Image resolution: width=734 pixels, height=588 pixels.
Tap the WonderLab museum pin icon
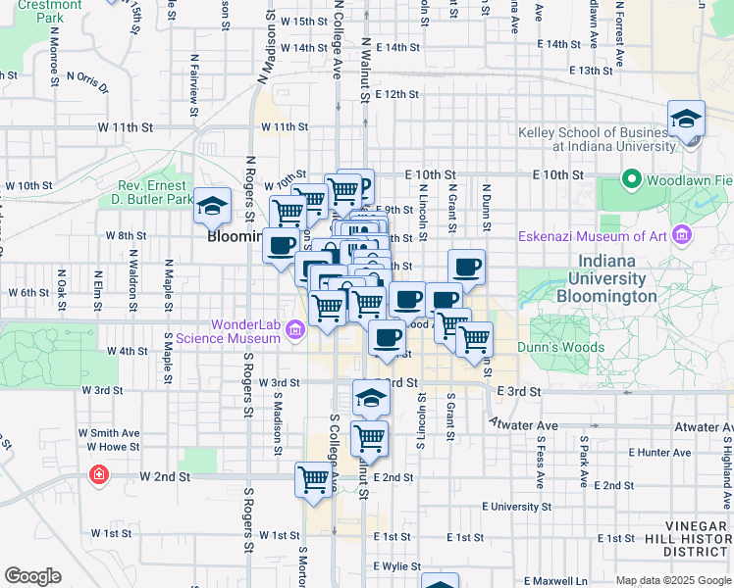294,331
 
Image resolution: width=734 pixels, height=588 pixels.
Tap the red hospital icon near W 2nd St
98,476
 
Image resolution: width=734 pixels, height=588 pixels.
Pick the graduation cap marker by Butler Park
212,206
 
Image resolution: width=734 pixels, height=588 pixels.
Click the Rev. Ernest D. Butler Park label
155,192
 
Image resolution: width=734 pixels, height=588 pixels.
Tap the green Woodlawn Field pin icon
631,180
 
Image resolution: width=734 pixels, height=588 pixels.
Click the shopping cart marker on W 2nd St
313,480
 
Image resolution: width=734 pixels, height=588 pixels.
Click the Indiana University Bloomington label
619,278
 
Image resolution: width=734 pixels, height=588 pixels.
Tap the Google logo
32,576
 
